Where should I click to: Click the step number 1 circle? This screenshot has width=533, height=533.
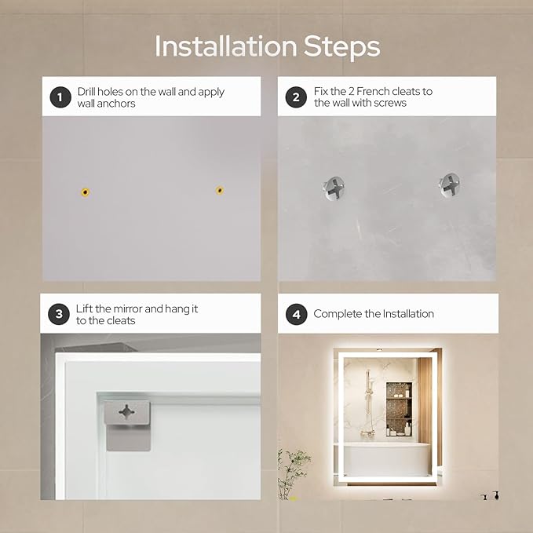pyautogui.click(x=60, y=97)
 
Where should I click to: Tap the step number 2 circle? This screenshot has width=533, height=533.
pyautogui.click(x=296, y=97)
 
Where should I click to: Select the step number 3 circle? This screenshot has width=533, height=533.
pyautogui.click(x=59, y=314)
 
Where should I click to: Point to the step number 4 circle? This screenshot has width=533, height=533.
pyautogui.click(x=297, y=315)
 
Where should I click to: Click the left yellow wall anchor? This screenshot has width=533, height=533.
pyautogui.click(x=86, y=192)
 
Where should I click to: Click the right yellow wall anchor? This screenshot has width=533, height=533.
pyautogui.click(x=220, y=190)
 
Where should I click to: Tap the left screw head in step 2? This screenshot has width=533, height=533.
pyautogui.click(x=334, y=188)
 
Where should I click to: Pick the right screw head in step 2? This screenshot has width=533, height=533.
pyautogui.click(x=450, y=185)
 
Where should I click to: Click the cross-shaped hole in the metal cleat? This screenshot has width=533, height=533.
pyautogui.click(x=126, y=412)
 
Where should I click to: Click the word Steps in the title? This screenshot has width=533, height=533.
pyautogui.click(x=341, y=46)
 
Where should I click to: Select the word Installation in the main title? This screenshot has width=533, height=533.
pyautogui.click(x=226, y=46)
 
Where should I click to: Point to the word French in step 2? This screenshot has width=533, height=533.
pyautogui.click(x=373, y=91)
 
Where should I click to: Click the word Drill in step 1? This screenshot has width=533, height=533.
pyautogui.click(x=86, y=91)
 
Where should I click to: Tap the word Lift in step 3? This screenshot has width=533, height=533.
pyautogui.click(x=84, y=308)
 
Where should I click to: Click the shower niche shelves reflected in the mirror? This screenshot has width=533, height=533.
pyautogui.click(x=399, y=409)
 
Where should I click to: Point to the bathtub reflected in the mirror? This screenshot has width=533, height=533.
pyautogui.click(x=386, y=459)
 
